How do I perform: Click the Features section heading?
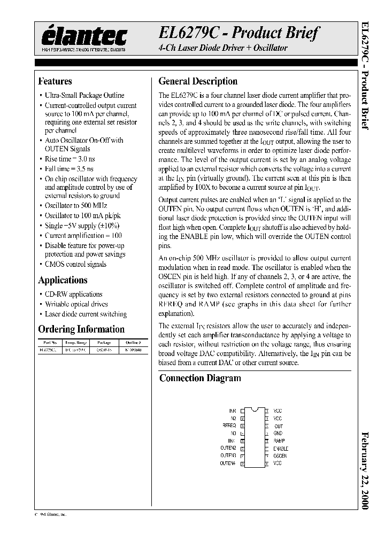tap(55, 82)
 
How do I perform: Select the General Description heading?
tap(198, 82)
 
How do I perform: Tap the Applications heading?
tap(63, 280)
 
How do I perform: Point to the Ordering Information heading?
tap(81, 329)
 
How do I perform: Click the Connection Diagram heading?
tap(200, 378)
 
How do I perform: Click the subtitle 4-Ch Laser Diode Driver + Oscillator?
tap(223, 48)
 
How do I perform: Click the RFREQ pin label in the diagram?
tap(229, 426)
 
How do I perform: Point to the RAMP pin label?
tap(279, 441)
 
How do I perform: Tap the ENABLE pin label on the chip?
tap(281, 449)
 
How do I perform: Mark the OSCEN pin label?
tap(280, 456)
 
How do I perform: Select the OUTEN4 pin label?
tap(228, 463)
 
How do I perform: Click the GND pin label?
tap(278, 434)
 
